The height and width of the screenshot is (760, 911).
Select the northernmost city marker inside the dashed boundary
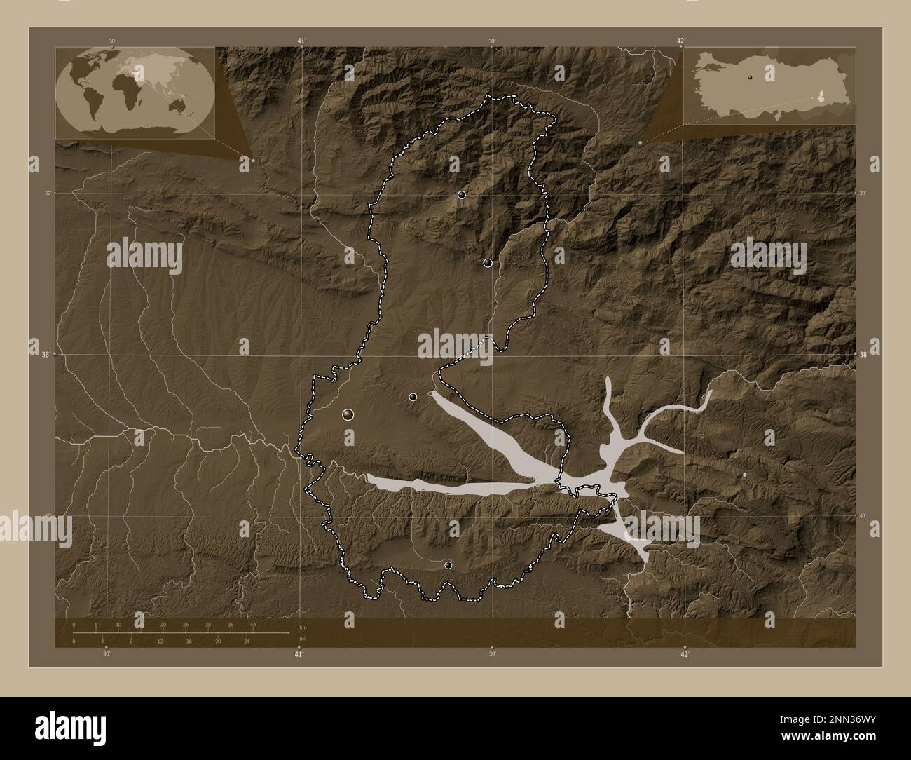pos(462,195)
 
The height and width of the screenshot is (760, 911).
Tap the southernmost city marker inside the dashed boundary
pos(448,564)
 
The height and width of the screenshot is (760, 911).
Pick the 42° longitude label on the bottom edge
pos(685,654)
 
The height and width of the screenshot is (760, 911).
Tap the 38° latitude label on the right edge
pos(865,355)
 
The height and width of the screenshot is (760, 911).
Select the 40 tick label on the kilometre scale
pos(252,624)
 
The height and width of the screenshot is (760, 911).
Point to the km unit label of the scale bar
pos(303,626)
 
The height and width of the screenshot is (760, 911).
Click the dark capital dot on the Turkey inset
pos(750,76)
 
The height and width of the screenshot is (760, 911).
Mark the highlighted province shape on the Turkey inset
pos(821,99)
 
